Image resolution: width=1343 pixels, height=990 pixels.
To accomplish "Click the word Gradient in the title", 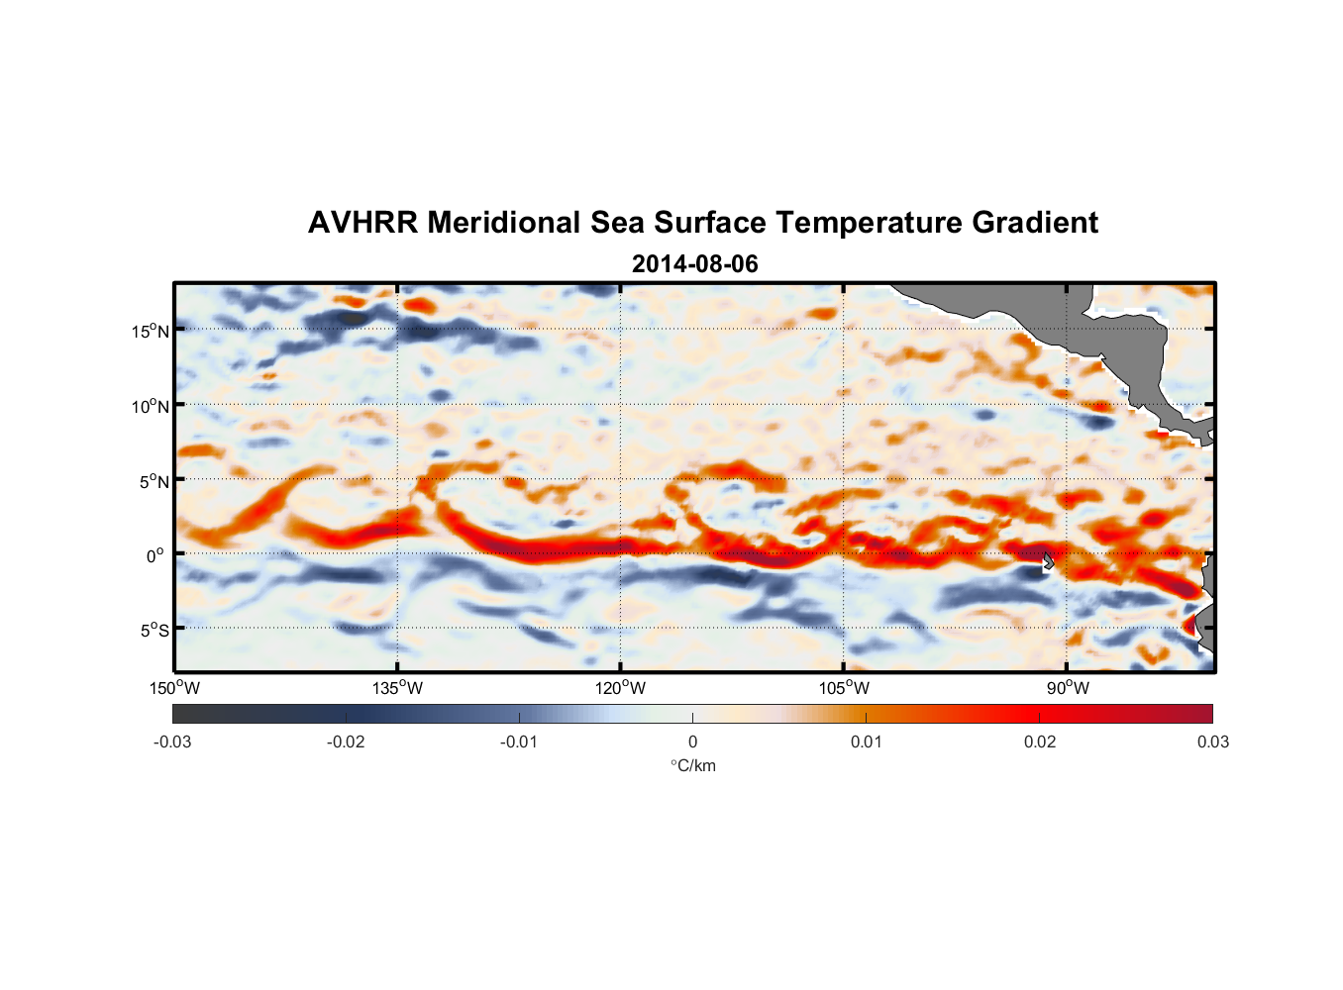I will [1035, 223].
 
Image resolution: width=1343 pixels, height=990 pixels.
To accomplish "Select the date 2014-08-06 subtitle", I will [694, 264].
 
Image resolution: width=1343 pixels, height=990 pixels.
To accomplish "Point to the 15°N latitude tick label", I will [151, 331].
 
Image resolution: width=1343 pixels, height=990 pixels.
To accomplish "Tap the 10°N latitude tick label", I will [151, 406].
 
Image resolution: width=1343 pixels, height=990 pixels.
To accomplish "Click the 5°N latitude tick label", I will [154, 481].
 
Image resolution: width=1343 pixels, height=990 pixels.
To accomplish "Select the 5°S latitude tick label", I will [154, 631].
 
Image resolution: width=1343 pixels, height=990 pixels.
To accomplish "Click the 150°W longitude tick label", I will [174, 688].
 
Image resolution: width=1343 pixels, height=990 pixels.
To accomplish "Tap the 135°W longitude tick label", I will [397, 688].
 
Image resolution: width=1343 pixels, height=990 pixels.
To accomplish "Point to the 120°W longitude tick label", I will [620, 688].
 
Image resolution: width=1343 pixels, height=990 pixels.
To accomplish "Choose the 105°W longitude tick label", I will [843, 688].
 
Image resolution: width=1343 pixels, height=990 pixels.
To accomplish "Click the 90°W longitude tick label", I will [1068, 688].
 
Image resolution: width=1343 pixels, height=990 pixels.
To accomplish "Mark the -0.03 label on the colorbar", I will [172, 742].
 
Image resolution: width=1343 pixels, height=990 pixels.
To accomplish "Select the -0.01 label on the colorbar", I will [519, 742].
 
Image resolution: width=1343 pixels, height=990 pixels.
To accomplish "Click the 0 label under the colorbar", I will [692, 742].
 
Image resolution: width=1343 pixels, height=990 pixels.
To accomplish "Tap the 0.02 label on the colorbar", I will [1040, 742].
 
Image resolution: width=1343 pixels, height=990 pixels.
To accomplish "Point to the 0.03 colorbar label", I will [1212, 742].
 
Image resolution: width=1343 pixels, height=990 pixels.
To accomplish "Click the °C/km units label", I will [692, 765].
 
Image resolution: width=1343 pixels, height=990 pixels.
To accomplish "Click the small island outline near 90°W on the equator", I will [1048, 561].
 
